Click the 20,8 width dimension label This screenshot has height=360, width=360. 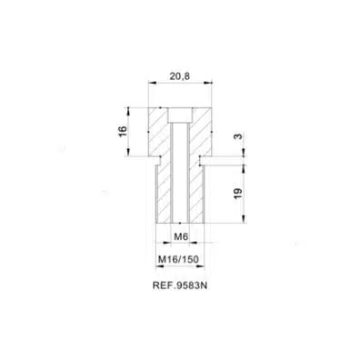click(x=180, y=76)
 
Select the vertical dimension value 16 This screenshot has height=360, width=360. click(x=123, y=131)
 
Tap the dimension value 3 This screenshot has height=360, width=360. click(x=239, y=136)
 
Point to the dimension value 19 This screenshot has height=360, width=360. click(x=238, y=194)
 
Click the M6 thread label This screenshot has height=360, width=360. click(x=181, y=236)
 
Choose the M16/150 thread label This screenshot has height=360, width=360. click(x=178, y=259)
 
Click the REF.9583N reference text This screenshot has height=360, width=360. click(x=180, y=285)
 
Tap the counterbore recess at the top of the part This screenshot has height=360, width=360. click(x=180, y=115)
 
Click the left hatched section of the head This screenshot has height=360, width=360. click(x=158, y=132)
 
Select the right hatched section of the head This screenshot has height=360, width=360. click(x=202, y=132)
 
